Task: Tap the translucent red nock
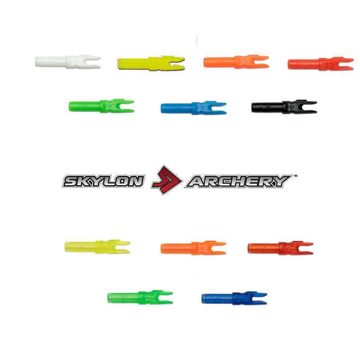(x=280, y=248)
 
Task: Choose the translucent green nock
(x=140, y=297)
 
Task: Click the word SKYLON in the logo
(x=103, y=182)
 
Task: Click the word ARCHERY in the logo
(x=239, y=182)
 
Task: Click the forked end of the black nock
(x=311, y=106)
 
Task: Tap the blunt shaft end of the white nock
(x=38, y=61)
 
